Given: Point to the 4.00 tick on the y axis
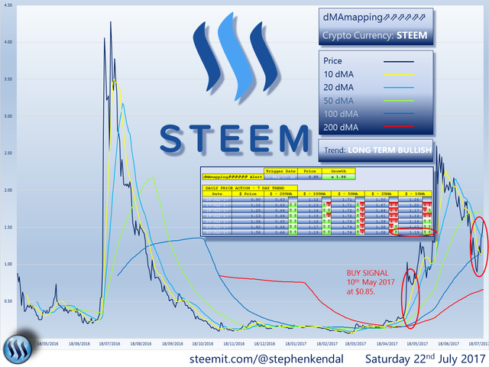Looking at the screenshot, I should [8, 43].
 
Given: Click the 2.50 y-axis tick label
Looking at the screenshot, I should [8, 154].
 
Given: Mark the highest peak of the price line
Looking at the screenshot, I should [112, 21].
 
